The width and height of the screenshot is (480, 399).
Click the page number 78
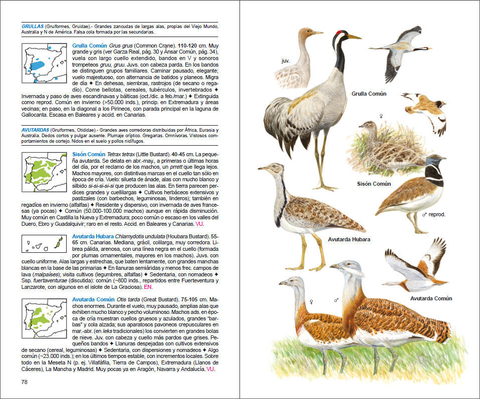tap(25, 382)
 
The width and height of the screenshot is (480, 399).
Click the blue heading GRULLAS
tap(32, 26)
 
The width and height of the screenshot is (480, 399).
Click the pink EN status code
tap(148, 287)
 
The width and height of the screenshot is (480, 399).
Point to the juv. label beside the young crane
tap(286, 61)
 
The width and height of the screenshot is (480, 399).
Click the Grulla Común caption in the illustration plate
tap(368, 94)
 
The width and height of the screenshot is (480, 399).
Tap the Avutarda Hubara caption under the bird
tap(349, 239)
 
